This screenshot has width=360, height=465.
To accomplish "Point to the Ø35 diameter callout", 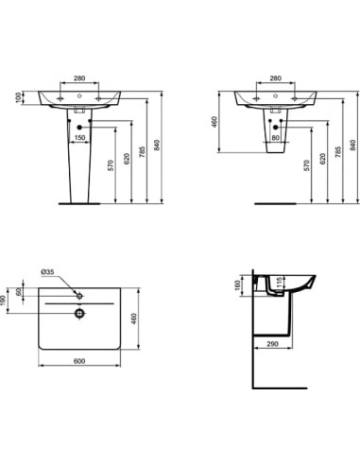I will coord(46,272).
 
